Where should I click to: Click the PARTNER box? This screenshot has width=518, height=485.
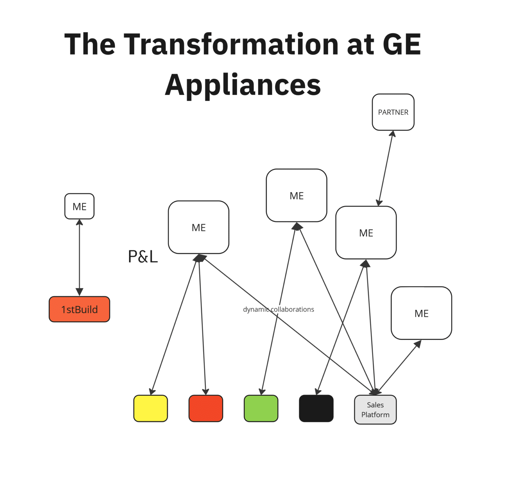[x=393, y=112]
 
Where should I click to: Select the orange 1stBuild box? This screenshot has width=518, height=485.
[x=79, y=309]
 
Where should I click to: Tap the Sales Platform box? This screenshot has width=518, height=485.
[x=375, y=410]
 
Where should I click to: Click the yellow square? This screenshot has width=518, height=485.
[x=150, y=408]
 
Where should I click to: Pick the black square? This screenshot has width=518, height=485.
[x=316, y=408]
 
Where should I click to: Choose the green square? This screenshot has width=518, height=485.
[x=261, y=408]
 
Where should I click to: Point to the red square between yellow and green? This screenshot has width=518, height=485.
[x=206, y=408]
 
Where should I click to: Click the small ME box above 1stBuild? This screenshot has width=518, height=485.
[x=79, y=206]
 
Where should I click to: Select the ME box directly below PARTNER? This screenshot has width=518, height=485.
[x=366, y=233]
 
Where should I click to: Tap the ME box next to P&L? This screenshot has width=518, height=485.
[x=198, y=227]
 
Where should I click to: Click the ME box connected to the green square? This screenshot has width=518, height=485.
[x=296, y=195]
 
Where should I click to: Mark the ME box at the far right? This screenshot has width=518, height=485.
[x=421, y=313]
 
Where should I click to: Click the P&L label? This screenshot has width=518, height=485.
[x=143, y=257]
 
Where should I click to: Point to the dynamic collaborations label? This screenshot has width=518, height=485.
[x=279, y=309]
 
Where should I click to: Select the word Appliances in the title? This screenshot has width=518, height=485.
[x=243, y=85]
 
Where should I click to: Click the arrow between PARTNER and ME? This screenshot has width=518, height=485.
[x=386, y=168]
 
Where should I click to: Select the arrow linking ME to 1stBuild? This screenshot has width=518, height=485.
[x=79, y=258]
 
